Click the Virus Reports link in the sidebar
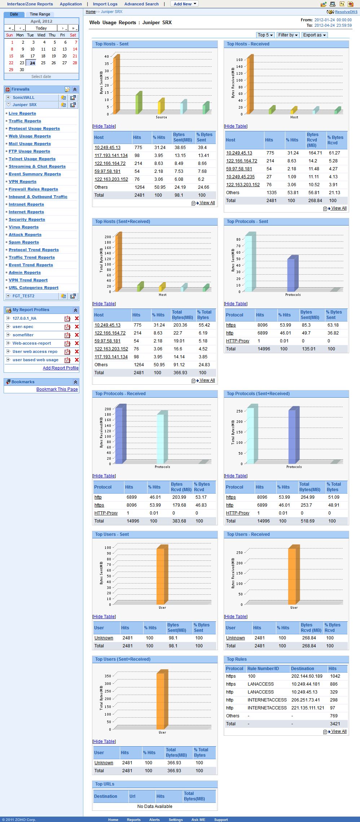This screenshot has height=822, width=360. click(x=23, y=227)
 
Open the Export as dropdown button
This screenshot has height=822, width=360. click(x=315, y=35)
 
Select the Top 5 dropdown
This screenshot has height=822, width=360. click(x=265, y=35)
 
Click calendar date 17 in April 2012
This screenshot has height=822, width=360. click(x=32, y=56)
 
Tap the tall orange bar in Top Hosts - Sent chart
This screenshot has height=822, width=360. click(x=117, y=85)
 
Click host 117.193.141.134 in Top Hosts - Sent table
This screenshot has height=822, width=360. click(x=111, y=156)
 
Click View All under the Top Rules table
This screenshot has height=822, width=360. click(x=338, y=731)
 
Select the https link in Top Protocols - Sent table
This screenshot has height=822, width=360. click(x=231, y=325)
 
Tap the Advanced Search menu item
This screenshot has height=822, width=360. click(x=141, y=4)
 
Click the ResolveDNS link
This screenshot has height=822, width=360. click(x=346, y=12)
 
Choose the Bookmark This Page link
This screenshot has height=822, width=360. click(x=57, y=389)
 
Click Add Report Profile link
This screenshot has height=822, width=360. click(x=61, y=368)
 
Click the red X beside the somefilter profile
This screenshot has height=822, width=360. click(x=76, y=335)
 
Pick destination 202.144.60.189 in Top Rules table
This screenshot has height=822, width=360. click(x=307, y=676)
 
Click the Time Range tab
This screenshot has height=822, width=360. click(x=40, y=14)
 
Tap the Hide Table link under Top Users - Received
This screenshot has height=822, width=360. click(x=236, y=617)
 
